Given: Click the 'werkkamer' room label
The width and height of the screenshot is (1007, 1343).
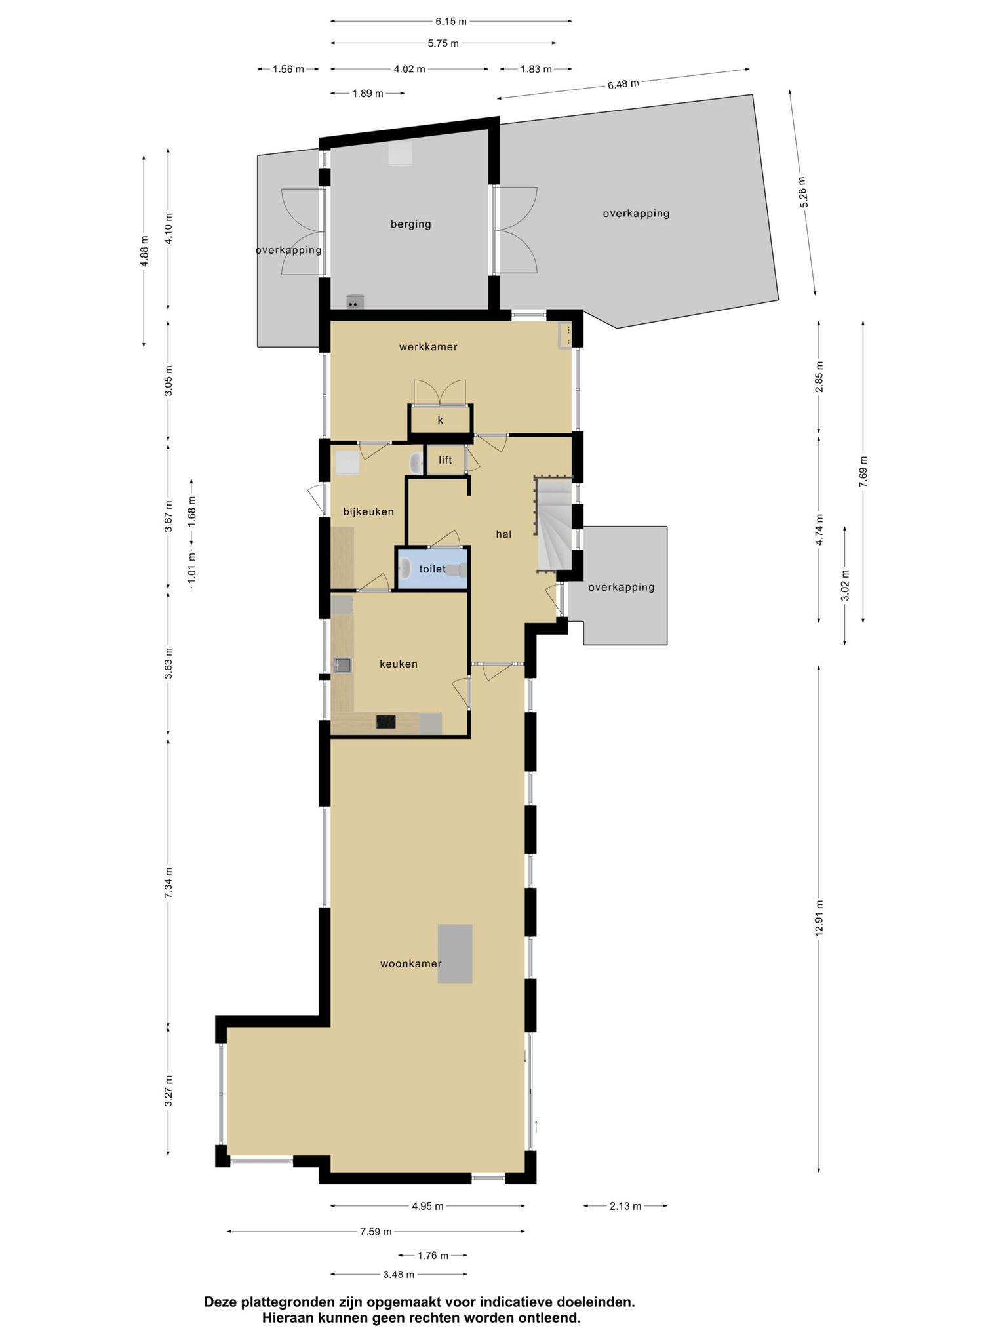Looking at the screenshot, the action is click(x=428, y=347).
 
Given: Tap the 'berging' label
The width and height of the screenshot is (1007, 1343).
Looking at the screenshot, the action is click(x=411, y=224).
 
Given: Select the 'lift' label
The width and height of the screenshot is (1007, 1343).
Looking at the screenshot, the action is click(x=445, y=460).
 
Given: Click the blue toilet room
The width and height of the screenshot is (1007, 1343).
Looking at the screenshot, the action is click(x=433, y=569).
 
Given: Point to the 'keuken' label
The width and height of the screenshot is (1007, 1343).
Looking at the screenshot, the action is click(x=399, y=664).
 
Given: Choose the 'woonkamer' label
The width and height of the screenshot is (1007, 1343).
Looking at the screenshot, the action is click(x=411, y=964).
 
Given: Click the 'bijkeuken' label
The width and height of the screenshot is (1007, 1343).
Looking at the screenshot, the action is click(x=368, y=511).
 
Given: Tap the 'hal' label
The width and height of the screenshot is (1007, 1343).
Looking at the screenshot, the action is click(x=503, y=534).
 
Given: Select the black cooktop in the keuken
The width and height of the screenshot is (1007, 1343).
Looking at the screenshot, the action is click(x=386, y=722).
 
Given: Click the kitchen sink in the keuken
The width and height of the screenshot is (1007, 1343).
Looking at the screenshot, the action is click(x=342, y=666).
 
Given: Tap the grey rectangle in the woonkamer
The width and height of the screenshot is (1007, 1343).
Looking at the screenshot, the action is click(x=455, y=953).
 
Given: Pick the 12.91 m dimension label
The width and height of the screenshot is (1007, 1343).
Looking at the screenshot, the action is click(x=819, y=918).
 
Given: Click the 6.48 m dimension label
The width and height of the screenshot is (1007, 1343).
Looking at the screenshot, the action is click(x=623, y=84).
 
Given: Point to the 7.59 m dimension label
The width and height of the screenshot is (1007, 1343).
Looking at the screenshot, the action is click(x=376, y=1232).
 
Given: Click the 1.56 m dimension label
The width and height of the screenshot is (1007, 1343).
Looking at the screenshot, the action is click(x=288, y=69).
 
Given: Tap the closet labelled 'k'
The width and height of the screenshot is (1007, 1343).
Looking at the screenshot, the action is click(x=441, y=420).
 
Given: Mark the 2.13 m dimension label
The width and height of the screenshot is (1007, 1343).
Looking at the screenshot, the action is click(x=625, y=1206).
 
